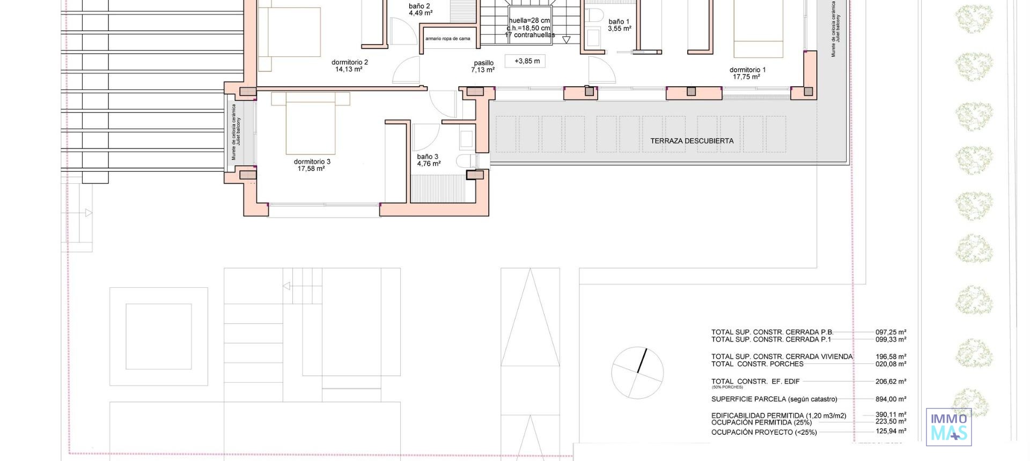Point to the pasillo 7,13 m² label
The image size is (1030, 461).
[483, 66]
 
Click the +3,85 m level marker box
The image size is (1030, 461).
[526, 61]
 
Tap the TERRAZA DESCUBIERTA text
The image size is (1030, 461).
[691, 141]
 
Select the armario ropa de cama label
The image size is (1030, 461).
[447, 39]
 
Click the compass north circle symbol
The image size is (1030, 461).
[637, 373]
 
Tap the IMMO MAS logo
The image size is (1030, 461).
[948, 427]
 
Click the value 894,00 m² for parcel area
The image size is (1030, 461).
[891, 399]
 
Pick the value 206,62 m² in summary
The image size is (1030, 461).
[891, 382]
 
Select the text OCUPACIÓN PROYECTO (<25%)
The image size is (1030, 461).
[764, 432]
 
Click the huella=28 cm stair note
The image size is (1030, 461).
[529, 21]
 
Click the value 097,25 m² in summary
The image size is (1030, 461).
[891, 332]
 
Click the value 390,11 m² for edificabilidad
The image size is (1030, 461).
[891, 414]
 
